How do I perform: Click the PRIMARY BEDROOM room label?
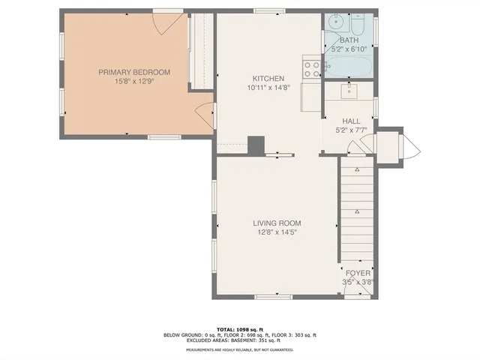pos(134,72)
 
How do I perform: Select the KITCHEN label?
pos(268,79)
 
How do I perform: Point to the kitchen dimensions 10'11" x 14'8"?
pos(268,88)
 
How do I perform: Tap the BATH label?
pos(349,40)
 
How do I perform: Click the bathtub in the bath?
pos(349,65)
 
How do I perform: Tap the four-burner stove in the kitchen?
pos(312,68)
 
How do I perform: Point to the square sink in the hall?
pos(349,91)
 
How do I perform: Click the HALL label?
pos(351,121)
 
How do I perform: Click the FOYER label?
pos(357,273)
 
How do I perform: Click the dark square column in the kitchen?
pos(256,144)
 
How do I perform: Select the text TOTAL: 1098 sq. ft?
pos(239,329)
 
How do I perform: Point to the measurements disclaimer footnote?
pos(239,350)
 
